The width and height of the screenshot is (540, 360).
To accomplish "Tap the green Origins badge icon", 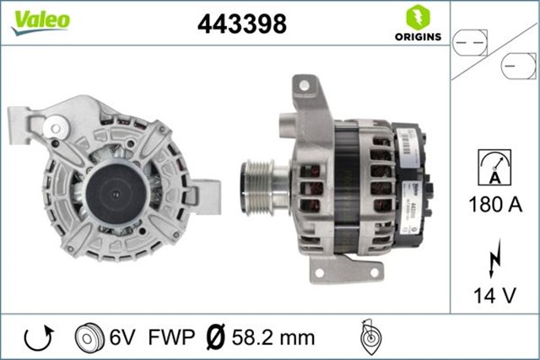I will [x=415, y=17].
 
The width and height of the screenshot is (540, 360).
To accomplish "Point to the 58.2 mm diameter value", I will [x=273, y=338].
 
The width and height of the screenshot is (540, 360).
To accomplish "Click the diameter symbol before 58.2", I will [x=214, y=338].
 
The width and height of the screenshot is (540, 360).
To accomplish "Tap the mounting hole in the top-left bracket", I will [x=56, y=128].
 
